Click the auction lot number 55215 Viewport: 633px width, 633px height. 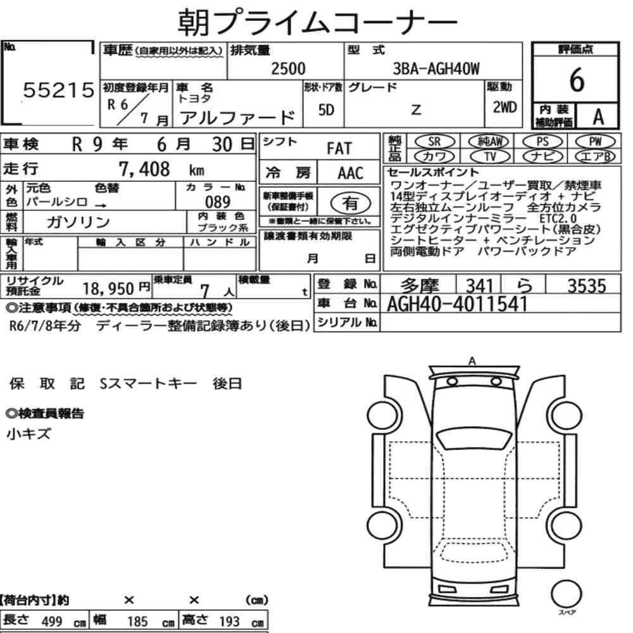coord(58,90)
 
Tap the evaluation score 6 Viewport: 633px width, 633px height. coord(577,80)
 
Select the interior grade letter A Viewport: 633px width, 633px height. coord(598,116)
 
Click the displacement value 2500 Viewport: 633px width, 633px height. coord(288,68)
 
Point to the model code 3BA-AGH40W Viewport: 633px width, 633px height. coord(436,69)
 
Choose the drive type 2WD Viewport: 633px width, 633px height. coord(505,107)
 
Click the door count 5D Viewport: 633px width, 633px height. coord(326,110)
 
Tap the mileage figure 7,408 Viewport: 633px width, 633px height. coord(144,169)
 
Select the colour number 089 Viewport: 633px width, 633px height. coord(218,201)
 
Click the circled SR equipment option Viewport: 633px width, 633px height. coord(434,142)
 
